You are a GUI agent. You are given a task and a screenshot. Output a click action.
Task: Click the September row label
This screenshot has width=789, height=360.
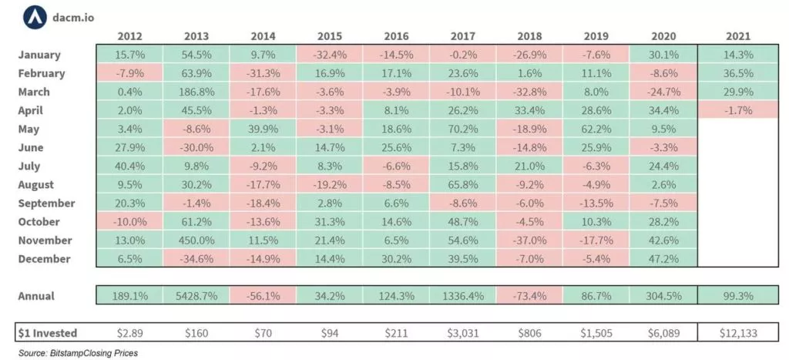click(x=47, y=204)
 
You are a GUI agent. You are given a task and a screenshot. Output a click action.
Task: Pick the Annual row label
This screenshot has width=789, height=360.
click(x=36, y=296)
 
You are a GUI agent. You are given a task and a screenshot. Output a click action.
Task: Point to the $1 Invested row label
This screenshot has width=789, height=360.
click(x=47, y=333)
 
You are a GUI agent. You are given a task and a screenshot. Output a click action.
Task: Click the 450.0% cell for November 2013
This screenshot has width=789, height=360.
click(x=196, y=241)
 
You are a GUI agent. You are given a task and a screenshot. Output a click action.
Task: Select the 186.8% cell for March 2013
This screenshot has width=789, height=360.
click(x=196, y=93)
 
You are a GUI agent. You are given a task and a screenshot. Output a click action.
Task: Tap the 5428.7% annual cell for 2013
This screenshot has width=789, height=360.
click(x=196, y=296)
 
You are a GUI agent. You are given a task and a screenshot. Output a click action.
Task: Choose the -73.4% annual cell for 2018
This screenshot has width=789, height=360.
click(x=530, y=296)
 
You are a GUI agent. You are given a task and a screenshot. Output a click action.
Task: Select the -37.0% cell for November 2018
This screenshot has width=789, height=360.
click(x=530, y=241)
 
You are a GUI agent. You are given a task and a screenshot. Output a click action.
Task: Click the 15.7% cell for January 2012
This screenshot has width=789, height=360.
click(x=129, y=56)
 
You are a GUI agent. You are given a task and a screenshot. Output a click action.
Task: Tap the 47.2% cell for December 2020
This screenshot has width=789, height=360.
click(x=663, y=259)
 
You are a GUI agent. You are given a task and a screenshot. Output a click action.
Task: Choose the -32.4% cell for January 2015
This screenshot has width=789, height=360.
click(x=329, y=56)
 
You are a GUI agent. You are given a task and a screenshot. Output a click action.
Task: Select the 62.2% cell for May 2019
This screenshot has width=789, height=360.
click(x=596, y=130)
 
